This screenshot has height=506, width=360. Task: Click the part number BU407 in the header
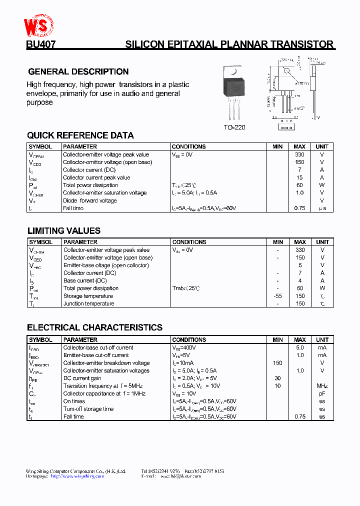click(x=41, y=44)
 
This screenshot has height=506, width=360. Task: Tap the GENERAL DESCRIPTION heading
click(x=78, y=71)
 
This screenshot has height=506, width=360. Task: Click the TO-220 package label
click(x=234, y=127)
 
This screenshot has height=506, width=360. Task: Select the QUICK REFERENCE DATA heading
click(x=80, y=135)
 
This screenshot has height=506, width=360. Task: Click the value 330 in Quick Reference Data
click(x=299, y=154)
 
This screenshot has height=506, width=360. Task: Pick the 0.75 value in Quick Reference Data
click(x=299, y=208)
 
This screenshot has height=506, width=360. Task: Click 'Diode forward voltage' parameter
click(x=90, y=200)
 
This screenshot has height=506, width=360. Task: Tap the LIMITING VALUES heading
click(x=63, y=231)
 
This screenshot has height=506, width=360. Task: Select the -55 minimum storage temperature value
click(x=277, y=296)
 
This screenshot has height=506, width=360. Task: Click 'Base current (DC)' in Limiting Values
click(x=85, y=280)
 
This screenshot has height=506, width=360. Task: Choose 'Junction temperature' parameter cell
click(x=88, y=303)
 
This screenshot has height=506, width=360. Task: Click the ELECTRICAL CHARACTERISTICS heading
click(x=94, y=328)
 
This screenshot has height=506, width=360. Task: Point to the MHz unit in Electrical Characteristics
click(x=322, y=386)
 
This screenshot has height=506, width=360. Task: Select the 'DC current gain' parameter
click(x=82, y=378)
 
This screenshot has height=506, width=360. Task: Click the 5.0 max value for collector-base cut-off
click(x=300, y=347)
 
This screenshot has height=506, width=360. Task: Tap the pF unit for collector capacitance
click(x=322, y=393)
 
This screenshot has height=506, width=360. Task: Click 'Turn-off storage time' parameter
click(x=88, y=409)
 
